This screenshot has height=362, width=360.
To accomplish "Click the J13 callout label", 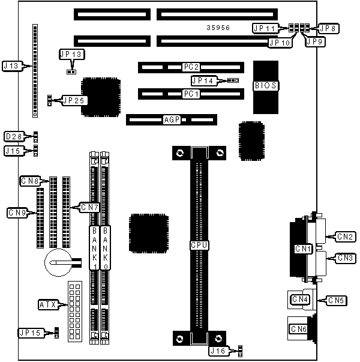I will tap(13, 65).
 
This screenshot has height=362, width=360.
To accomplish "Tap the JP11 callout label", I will tap(264, 28).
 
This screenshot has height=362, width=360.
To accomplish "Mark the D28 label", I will tap(14, 136).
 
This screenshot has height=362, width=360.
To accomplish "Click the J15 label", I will tap(14, 150).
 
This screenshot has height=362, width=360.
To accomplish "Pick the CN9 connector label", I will tap(17, 212).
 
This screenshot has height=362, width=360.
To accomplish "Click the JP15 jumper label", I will tap(30, 332).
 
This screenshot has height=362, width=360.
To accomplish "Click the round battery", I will tap(59, 263).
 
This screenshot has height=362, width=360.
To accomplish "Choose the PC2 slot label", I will tap(191, 67).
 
